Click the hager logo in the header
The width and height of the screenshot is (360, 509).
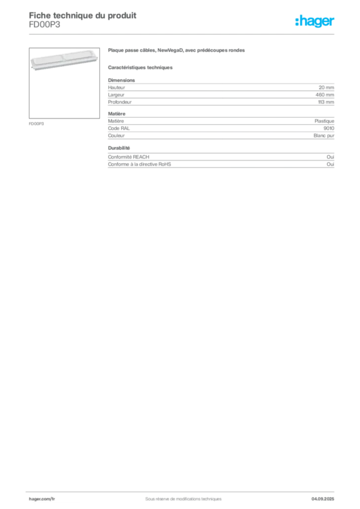[x=315, y=21]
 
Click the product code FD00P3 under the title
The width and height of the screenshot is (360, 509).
[x=44, y=25]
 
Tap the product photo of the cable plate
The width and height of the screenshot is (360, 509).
[x=64, y=60]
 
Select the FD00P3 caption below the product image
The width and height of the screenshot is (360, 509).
[x=36, y=124]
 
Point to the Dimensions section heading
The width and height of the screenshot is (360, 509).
[x=121, y=80]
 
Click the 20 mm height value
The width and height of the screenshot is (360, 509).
[x=326, y=87]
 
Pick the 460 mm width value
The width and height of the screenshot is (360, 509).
[x=325, y=95]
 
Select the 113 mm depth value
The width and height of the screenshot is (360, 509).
[x=326, y=102]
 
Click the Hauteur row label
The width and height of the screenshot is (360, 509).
[x=116, y=87]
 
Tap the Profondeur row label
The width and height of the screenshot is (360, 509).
[x=120, y=102]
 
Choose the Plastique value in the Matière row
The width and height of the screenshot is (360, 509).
[x=324, y=121]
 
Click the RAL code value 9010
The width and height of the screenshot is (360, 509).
[x=329, y=128]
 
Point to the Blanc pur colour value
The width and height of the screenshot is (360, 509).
[x=324, y=136]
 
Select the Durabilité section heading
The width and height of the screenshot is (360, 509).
[x=119, y=148]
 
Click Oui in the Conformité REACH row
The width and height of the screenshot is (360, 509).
[x=331, y=157]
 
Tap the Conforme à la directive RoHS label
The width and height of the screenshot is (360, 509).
[x=140, y=164]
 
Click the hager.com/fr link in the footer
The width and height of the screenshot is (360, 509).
[x=42, y=499]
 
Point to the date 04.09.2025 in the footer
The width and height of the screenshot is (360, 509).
[x=323, y=499]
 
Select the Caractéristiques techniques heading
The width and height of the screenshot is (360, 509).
[x=140, y=68]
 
